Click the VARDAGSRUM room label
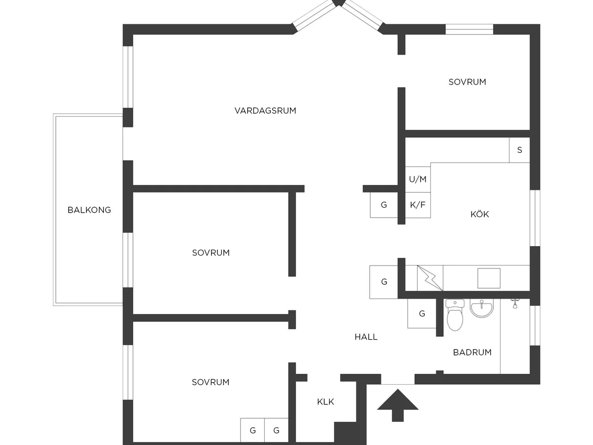(x=265, y=111)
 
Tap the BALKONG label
(x=89, y=210)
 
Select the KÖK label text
(x=479, y=214)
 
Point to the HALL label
(x=366, y=337)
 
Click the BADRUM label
(x=472, y=353)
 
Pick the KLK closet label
(x=325, y=402)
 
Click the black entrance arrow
(x=398, y=405)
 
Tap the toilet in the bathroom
(x=455, y=315)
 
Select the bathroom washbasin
(x=482, y=308)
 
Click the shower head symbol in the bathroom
(x=515, y=304)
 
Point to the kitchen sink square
(x=489, y=278)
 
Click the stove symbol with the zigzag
(x=430, y=278)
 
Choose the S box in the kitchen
(x=519, y=150)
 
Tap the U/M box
(x=418, y=179)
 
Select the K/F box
(x=418, y=205)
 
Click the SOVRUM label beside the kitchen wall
(x=467, y=82)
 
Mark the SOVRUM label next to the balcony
(x=211, y=253)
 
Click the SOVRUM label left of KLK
(x=211, y=382)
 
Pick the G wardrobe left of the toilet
(x=422, y=313)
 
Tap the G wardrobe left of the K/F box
(x=383, y=205)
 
